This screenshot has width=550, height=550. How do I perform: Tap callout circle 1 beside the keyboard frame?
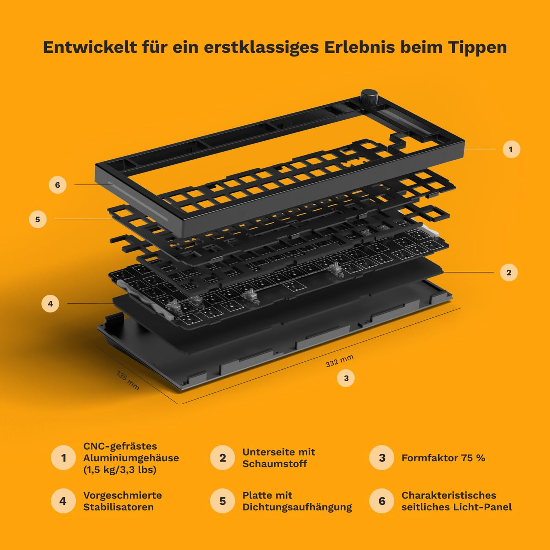pos(511,149)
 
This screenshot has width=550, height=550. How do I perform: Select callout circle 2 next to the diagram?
pos(509,273)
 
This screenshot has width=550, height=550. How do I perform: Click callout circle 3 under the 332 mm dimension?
pos(346,378)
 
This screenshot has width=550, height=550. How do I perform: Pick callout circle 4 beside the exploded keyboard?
pos(50,304)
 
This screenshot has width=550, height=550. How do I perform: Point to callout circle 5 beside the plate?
pos(38,219)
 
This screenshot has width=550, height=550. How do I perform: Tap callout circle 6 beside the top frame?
pos(57,185)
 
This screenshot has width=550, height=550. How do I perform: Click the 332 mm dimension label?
pos(339,361)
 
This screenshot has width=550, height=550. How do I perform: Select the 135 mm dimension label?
pos(128,381)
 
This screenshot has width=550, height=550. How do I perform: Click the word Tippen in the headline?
pos(477,47)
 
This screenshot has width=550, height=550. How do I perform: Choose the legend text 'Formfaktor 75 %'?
pos(443,458)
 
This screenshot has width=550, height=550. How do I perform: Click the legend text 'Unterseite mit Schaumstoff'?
pos(279,458)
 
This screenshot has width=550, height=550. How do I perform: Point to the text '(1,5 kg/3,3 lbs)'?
pos(120,469)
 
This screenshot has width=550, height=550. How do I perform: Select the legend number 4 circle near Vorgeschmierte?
pos(63,501)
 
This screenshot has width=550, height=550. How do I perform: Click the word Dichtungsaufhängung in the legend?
pos(297,507)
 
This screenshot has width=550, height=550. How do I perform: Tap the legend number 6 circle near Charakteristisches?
pos(381,501)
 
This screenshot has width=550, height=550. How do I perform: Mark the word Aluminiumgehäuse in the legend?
pos(131,458)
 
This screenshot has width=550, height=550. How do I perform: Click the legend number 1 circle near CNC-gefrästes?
pos(63,458)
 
